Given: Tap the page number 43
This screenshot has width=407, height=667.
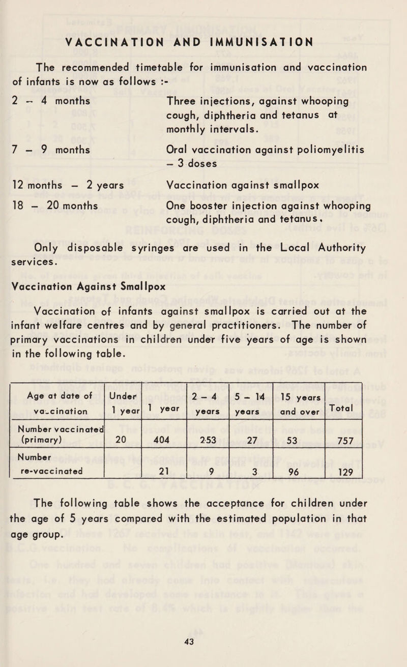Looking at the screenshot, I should pos(203,643).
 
